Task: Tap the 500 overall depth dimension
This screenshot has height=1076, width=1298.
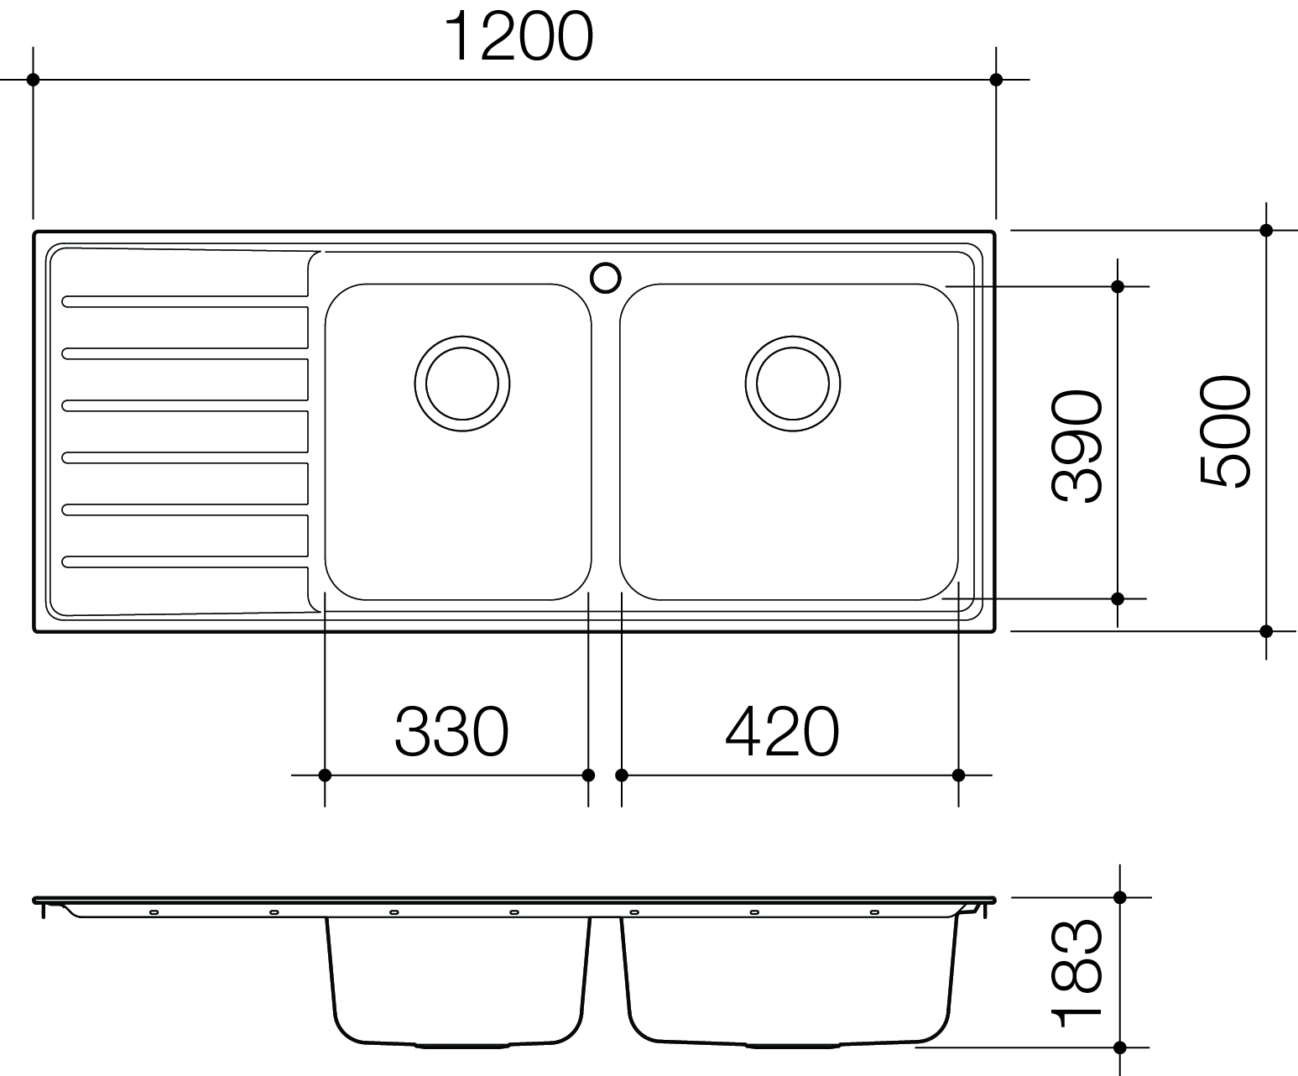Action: coord(1224,431)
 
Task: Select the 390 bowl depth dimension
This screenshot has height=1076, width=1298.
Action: coord(1076,446)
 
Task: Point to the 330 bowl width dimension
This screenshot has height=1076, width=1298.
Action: coord(452,731)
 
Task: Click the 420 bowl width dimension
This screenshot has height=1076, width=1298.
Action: coord(783,731)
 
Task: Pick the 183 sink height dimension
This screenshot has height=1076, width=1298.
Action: coord(1076,974)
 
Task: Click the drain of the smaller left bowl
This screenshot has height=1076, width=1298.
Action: coord(461,384)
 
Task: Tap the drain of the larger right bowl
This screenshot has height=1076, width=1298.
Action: coord(793,384)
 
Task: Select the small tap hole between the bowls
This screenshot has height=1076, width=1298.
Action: coord(606,278)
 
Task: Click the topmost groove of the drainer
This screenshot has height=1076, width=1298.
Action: coord(185,301)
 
